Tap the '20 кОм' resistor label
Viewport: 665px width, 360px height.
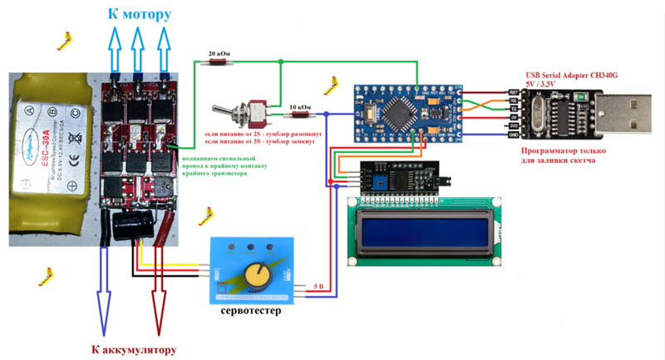218,53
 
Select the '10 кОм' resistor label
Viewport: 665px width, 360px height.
300,107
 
